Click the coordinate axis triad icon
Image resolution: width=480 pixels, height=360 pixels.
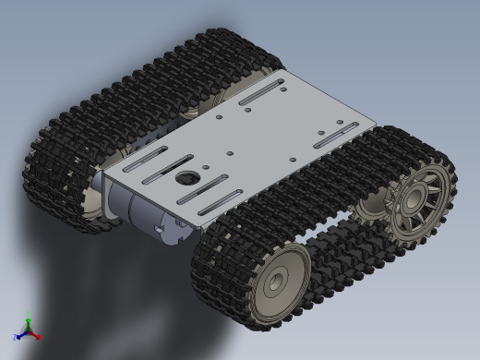pos(29,328)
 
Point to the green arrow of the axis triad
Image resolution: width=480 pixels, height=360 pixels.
pos(29,318)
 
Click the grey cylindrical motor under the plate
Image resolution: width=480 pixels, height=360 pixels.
pos(138,208)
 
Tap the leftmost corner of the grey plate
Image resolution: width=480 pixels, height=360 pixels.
pos(103,173)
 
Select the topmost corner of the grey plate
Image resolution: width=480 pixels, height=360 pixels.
pos(280,73)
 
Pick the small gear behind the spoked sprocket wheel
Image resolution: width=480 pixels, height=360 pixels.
pos(372,205)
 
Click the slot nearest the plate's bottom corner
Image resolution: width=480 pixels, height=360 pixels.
pos(219,202)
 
